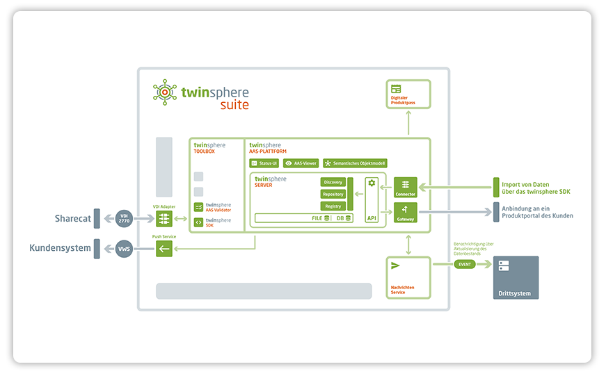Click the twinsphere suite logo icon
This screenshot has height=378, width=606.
[165, 92]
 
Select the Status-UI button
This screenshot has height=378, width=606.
[264, 163]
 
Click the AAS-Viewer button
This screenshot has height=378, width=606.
[301, 163]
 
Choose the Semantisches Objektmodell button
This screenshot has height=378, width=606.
[355, 163]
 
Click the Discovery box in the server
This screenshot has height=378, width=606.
[333, 182]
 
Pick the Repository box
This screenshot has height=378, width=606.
[333, 194]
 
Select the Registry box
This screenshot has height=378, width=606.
[333, 206]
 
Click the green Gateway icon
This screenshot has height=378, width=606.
[405, 211]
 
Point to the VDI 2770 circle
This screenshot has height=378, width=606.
[124, 219]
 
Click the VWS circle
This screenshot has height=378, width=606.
[124, 249]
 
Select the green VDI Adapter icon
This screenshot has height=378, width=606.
[164, 219]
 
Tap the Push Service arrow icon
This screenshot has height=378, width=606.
[164, 249]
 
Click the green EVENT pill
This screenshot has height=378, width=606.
[464, 265]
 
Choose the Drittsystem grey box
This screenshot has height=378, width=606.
[515, 277]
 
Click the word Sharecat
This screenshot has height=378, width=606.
[72, 218]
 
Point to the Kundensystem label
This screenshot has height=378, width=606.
[60, 248]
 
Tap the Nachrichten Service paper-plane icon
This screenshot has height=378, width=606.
[396, 265]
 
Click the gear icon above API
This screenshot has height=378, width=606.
[372, 183]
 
